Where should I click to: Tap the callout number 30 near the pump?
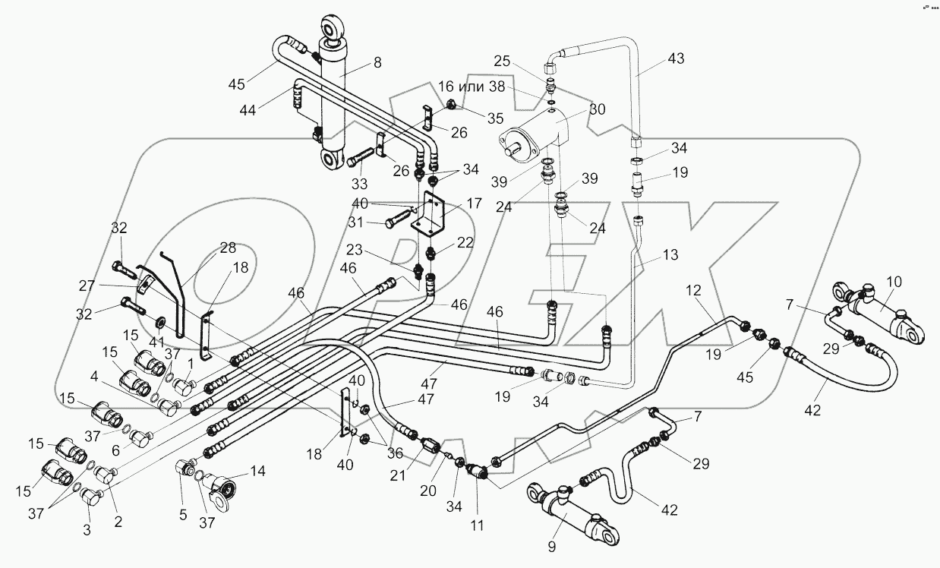[597, 109]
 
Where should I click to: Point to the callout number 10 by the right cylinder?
[894, 282]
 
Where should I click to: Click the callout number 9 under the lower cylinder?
[553, 545]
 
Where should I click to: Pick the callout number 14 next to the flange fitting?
[258, 470]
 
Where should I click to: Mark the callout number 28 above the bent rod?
[228, 248]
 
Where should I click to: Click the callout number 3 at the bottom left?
[87, 530]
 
